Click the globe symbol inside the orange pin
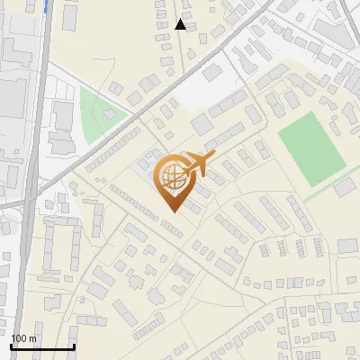point(171,176)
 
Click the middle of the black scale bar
point(41,347)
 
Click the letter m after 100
point(32,338)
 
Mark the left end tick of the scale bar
point(10,346)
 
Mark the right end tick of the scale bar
point(73,346)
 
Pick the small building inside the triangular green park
point(113,114)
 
